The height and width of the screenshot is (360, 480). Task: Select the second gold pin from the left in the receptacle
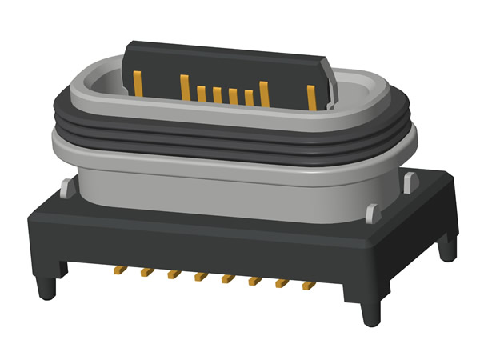(x=184, y=86)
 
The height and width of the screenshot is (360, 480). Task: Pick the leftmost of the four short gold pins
(x=201, y=93)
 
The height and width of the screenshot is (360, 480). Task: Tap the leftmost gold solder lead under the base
(x=118, y=270)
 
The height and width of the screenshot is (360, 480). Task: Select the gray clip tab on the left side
(x=63, y=187)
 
